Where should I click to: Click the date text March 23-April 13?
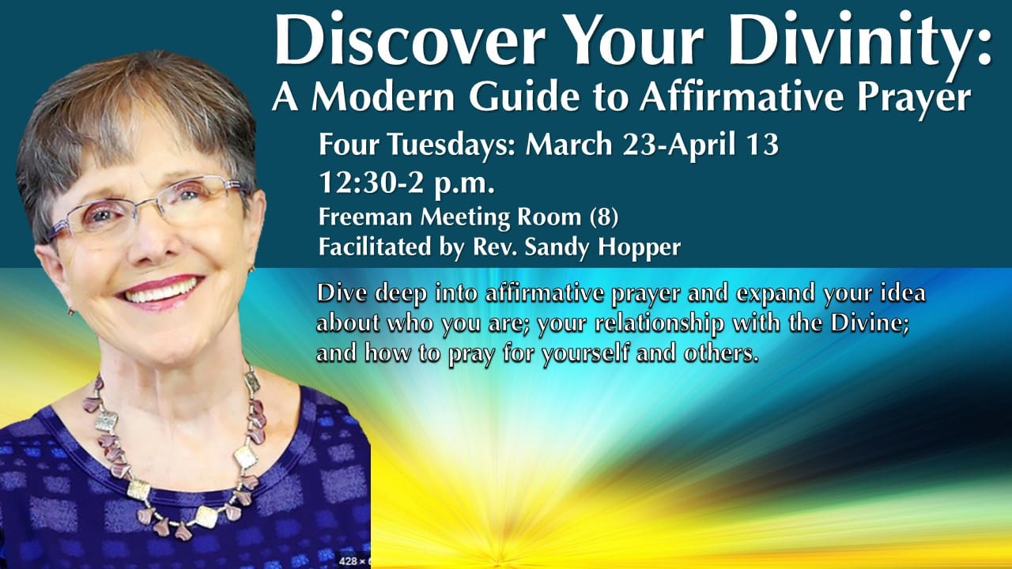(652, 146)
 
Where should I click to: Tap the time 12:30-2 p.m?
(406, 183)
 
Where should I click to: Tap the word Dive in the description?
(341, 294)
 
